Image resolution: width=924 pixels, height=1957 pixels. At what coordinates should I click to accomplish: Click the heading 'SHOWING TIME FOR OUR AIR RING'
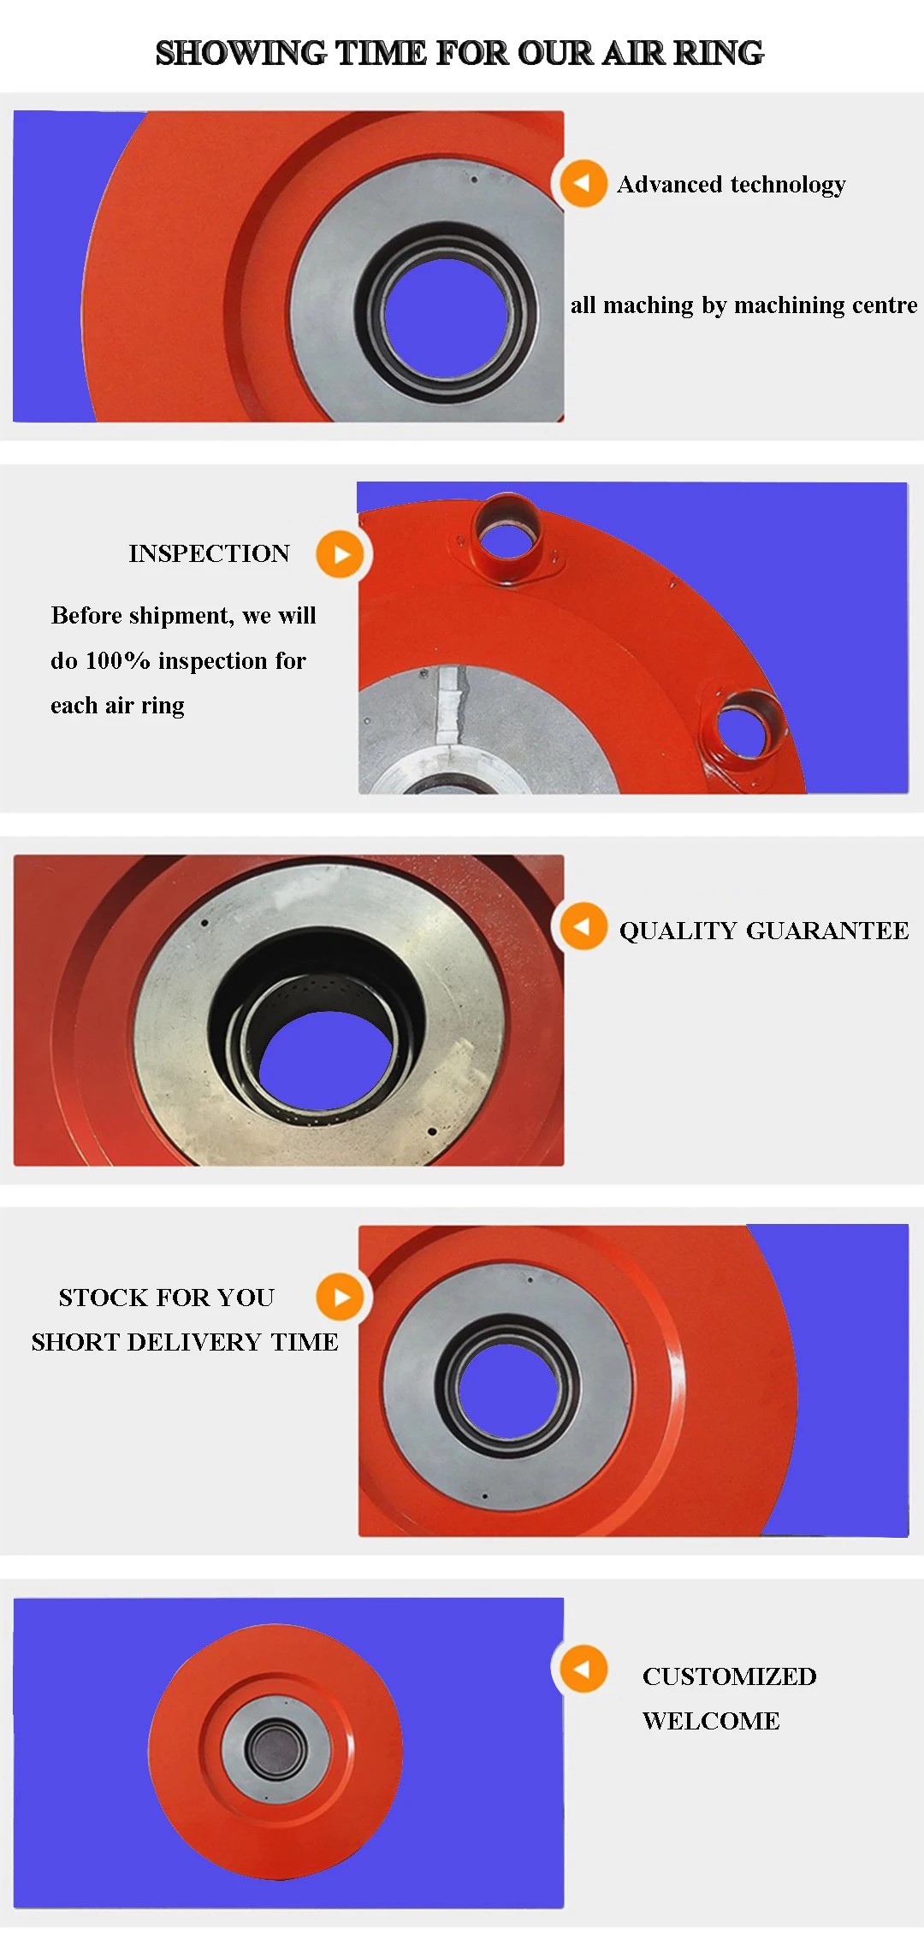pyautogui.click(x=459, y=53)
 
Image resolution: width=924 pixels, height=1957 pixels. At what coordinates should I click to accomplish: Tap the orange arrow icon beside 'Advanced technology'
pyautogui.click(x=583, y=183)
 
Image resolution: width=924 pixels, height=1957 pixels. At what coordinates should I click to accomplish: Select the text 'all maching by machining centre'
pyautogui.click(x=743, y=305)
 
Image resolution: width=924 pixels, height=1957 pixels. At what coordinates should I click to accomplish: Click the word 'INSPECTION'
pyautogui.click(x=210, y=553)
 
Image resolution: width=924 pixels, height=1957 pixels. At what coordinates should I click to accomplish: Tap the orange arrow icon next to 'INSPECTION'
pyautogui.click(x=341, y=554)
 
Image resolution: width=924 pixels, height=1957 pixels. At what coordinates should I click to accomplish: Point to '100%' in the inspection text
pyautogui.click(x=118, y=661)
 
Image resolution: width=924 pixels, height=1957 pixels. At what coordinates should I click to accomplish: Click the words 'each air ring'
pyautogui.click(x=117, y=706)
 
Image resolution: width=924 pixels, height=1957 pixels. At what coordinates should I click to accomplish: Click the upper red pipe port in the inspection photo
pyautogui.click(x=508, y=535)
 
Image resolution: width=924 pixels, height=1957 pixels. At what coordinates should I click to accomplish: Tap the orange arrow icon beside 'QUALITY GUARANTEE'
pyautogui.click(x=583, y=926)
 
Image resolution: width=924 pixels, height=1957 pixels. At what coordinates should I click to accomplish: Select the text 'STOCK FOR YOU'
pyautogui.click(x=167, y=1298)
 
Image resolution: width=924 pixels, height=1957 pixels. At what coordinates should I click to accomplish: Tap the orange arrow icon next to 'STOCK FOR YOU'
pyautogui.click(x=341, y=1298)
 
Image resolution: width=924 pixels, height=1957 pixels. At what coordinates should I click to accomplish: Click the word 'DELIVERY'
pyautogui.click(x=193, y=1342)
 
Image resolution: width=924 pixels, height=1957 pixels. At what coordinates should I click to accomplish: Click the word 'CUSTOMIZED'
pyautogui.click(x=729, y=1676)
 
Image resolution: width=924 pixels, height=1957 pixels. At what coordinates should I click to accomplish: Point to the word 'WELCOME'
pyautogui.click(x=711, y=1721)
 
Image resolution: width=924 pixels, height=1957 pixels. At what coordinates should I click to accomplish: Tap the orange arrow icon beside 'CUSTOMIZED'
pyautogui.click(x=583, y=1669)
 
